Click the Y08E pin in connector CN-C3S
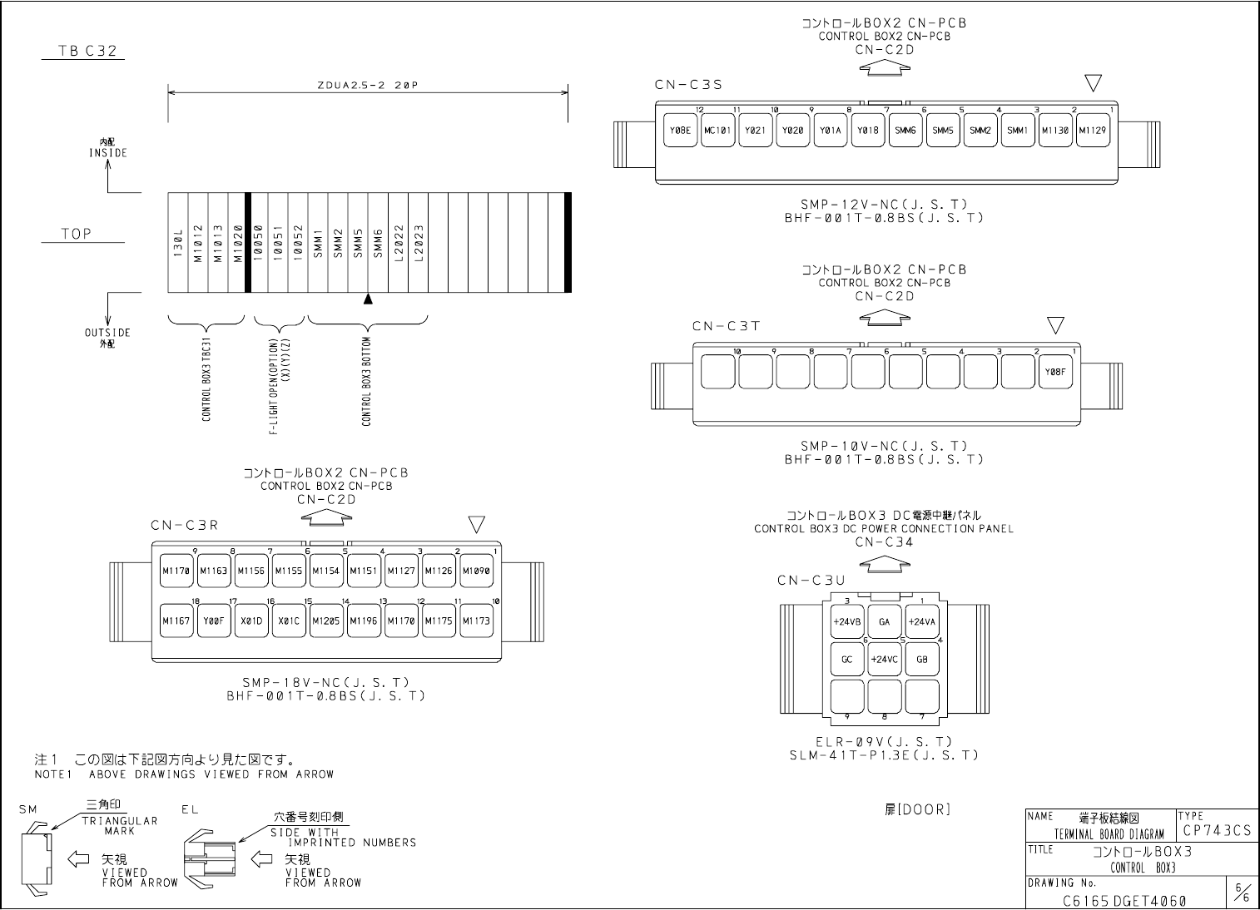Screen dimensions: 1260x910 coord(681,131)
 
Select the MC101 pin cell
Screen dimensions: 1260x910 coord(717,131)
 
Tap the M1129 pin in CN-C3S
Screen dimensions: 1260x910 coord(1093,131)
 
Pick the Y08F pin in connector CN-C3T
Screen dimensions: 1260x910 coord(1055,372)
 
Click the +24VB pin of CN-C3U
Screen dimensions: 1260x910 coord(847,621)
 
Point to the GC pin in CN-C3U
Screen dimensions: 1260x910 coord(847,660)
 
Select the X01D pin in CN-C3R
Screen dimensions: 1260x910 coord(251,621)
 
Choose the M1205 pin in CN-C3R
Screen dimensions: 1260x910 coord(326,621)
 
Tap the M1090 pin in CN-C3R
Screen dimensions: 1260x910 coord(476,571)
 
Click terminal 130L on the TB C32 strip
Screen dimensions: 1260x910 coord(178,243)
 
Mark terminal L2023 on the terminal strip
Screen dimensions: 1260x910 coord(419,243)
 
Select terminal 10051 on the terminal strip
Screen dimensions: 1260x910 coord(278,243)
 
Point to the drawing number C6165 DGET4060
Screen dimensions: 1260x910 coord(1124,900)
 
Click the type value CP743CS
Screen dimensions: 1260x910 coord(1215,830)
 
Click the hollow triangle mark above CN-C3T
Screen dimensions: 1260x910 coord(1055,324)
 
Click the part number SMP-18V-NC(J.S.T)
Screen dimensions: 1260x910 coord(325,683)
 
